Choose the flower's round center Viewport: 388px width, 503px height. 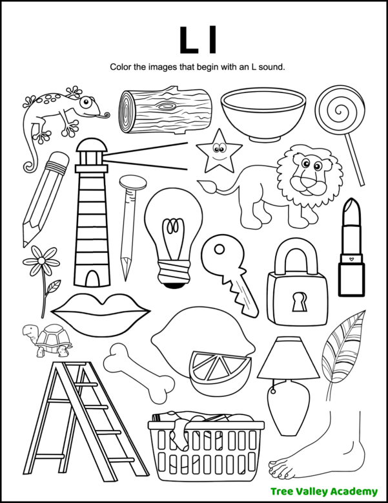(x=41, y=262)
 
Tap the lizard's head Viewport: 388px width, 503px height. (x=88, y=105)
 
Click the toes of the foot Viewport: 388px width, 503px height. (x=283, y=467)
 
